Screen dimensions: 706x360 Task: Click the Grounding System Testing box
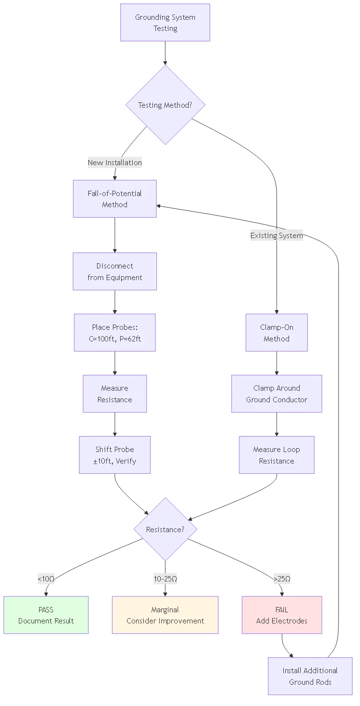[165, 23]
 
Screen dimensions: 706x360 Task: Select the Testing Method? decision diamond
[165, 105]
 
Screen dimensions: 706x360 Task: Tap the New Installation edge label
[114, 163]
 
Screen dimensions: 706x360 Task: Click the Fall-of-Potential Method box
[115, 199]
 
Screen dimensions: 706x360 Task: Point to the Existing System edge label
[276, 236]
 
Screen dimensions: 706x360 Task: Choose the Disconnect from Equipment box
[115, 271]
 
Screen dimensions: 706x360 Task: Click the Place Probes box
[115, 333]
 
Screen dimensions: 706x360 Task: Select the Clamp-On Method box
[277, 333]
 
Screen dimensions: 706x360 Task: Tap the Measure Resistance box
[115, 394]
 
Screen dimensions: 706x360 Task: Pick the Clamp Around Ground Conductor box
[277, 394]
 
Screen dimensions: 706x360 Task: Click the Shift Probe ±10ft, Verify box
[115, 455]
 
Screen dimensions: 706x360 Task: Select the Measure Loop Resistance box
[277, 455]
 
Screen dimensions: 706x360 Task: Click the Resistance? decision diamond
[165, 529]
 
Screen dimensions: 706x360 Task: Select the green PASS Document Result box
[46, 615]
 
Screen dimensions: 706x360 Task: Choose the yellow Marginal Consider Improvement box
[165, 615]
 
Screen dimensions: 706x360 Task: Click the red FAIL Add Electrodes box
[282, 615]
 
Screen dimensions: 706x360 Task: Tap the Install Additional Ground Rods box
[310, 676]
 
